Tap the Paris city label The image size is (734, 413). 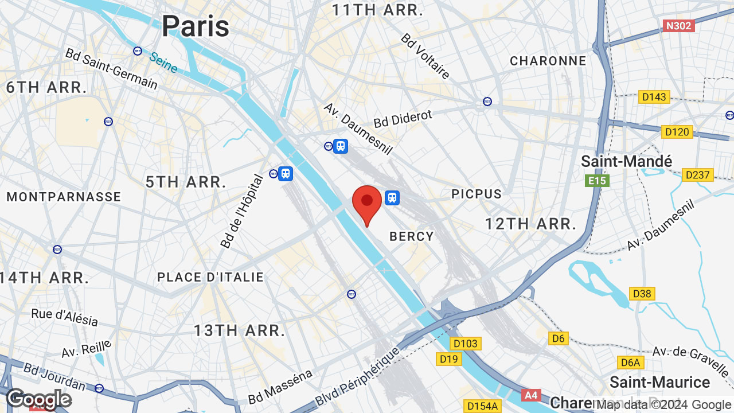coord(195,26)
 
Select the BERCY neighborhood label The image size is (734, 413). coord(412,236)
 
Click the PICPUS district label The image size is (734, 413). coord(477,194)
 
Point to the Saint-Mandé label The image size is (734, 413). coord(626,161)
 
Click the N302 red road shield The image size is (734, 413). coord(679,26)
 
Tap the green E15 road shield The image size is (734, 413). coord(598,181)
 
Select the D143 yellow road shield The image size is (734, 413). coord(654,97)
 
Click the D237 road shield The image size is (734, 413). coord(697,175)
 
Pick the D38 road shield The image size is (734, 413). coord(642,294)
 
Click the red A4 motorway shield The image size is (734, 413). coord(532,395)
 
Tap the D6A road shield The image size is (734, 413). coord(631,363)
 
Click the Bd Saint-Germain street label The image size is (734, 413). coord(111,69)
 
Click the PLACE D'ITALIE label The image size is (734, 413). coord(210,277)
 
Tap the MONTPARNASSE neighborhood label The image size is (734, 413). coord(64,197)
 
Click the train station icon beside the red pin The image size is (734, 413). coord(392,198)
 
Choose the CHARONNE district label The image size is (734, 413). coord(548,61)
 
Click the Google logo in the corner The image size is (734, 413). coord(39,399)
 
